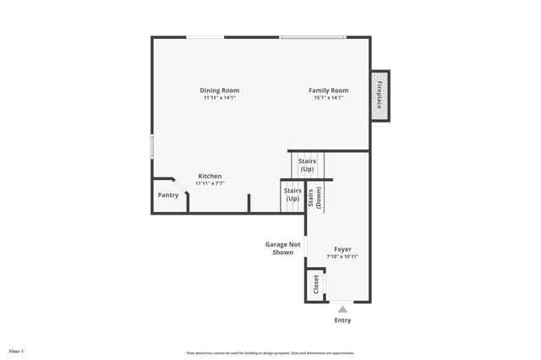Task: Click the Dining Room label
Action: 220,90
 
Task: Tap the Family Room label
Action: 328,90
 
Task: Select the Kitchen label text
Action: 210,176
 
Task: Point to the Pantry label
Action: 168,195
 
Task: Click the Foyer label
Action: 342,249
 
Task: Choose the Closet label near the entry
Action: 317,283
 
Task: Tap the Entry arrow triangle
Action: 342,309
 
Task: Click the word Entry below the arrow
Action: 342,320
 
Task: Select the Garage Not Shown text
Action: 283,248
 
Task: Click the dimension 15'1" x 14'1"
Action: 328,98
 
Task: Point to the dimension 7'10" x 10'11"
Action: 342,256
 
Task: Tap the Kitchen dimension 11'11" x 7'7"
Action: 210,183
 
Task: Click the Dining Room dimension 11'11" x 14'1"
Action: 220,98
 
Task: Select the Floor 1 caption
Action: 17,351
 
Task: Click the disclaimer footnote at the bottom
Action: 270,352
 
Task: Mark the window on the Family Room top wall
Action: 313,37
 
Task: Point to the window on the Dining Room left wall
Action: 152,146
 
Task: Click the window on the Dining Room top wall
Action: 205,37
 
